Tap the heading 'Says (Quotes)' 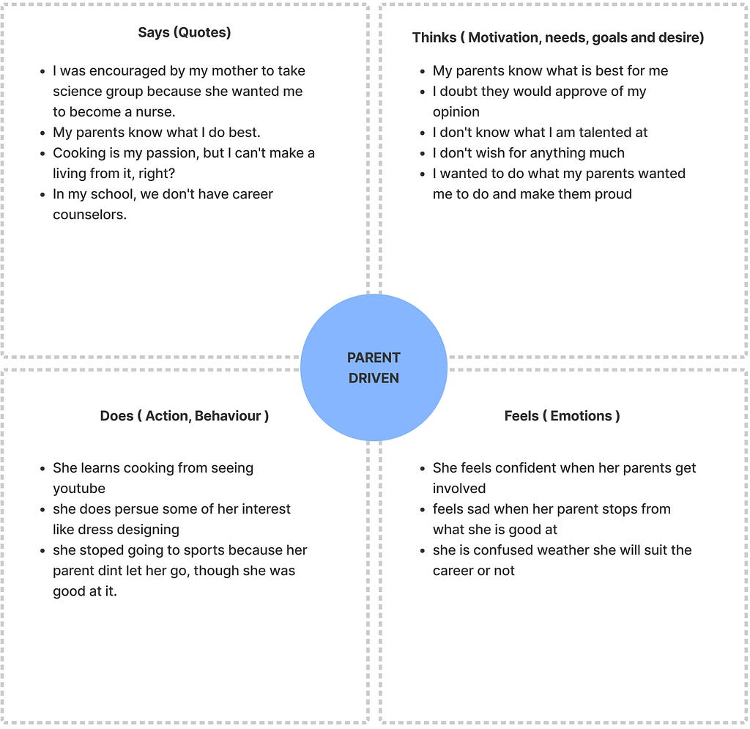pyautogui.click(x=185, y=32)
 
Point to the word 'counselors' pyautogui.click(x=89, y=215)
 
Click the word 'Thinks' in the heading pyautogui.click(x=434, y=37)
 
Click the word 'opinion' pyautogui.click(x=456, y=112)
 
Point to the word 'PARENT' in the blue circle pyautogui.click(x=374, y=358)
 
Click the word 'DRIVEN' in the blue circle pyautogui.click(x=374, y=378)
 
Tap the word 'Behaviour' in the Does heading pyautogui.click(x=228, y=415)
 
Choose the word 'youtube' pyautogui.click(x=79, y=489)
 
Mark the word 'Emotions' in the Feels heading pyautogui.click(x=581, y=415)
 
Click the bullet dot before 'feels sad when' pyautogui.click(x=423, y=510)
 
